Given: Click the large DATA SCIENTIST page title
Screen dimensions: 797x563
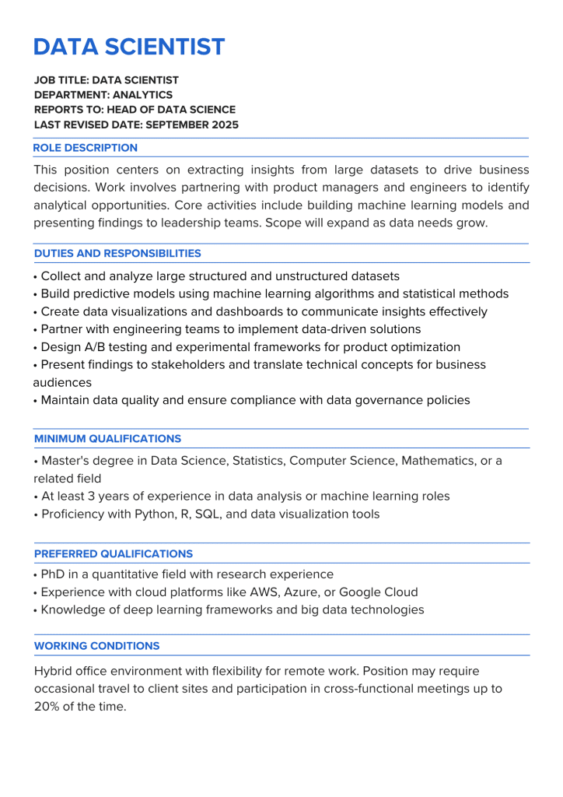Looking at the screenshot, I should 129,47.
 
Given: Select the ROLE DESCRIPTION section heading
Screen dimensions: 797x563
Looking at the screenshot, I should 86,148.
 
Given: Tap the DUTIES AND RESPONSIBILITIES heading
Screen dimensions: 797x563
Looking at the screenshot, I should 117,254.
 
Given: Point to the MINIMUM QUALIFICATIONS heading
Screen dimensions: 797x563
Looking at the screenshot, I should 107,439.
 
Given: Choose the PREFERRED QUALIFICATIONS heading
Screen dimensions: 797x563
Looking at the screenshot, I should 114,554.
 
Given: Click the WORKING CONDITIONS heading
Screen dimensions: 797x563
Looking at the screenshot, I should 96,646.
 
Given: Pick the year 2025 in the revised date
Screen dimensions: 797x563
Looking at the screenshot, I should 224,125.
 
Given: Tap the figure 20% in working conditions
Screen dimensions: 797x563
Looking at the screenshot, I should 47,707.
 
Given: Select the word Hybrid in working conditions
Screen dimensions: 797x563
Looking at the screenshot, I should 54,671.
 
